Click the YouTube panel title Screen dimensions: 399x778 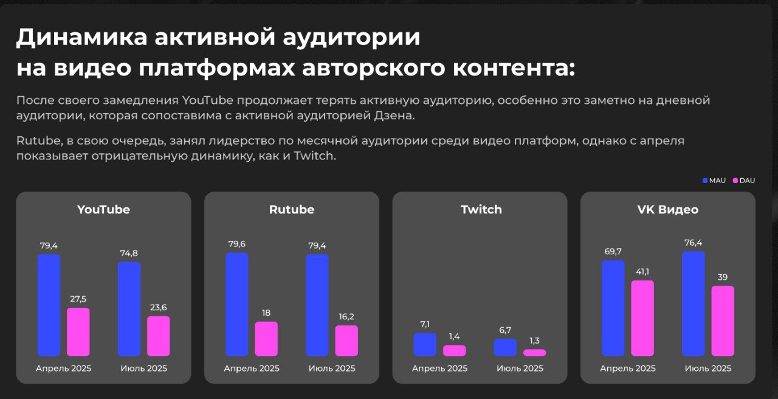click(103, 210)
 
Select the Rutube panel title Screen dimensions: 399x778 click(291, 210)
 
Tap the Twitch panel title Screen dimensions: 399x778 click(481, 210)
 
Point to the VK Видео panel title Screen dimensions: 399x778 click(667, 210)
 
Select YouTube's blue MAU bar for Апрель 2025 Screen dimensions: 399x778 click(49, 305)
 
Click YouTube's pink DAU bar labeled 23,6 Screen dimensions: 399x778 click(158, 336)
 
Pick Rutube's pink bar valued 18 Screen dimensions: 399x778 click(266, 339)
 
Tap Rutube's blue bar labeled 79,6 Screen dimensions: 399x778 click(237, 304)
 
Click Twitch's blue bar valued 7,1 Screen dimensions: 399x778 click(425, 344)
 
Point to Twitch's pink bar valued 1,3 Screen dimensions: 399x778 click(534, 352)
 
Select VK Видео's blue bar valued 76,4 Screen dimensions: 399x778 click(694, 304)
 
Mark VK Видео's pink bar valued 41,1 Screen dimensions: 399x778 click(642, 318)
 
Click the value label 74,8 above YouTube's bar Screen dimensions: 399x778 click(129, 254)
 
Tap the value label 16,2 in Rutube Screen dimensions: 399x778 click(346, 317)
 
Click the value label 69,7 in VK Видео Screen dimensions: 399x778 click(613, 252)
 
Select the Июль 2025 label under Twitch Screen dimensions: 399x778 click(520, 369)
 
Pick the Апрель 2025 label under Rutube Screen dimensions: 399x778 click(252, 369)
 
